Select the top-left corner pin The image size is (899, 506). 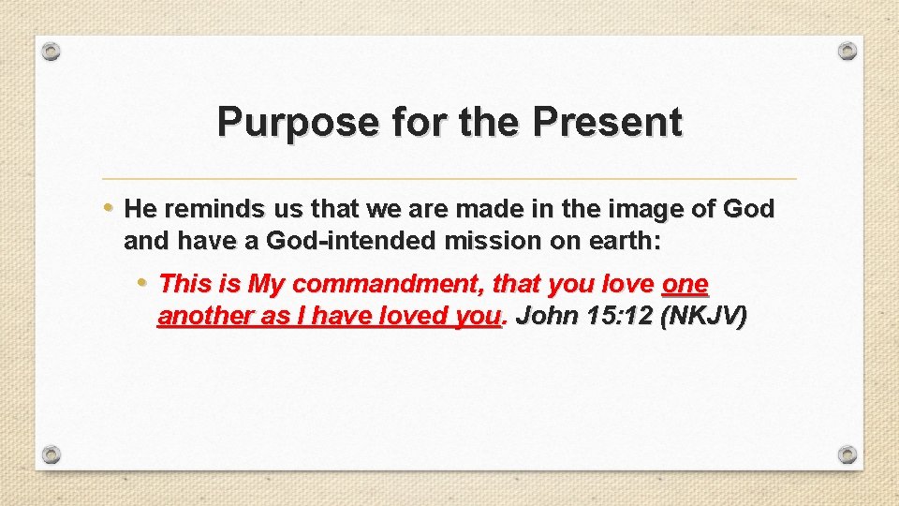pos(52,51)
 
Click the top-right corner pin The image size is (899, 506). pos(847,51)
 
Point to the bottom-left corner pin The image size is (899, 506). pos(52,454)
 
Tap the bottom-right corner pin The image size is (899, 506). pos(847,454)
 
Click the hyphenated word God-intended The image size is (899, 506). pos(351,242)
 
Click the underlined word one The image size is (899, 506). pos(685,283)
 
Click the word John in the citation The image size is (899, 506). pos(543,317)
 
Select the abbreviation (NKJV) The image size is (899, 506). pos(704,317)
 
